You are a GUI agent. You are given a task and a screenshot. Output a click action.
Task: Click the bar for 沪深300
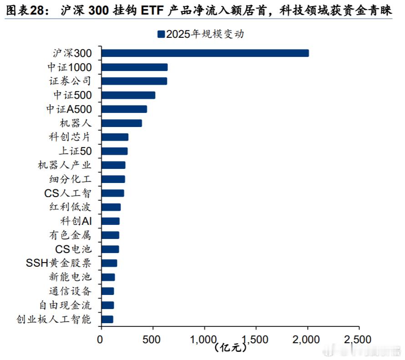coord(205,53)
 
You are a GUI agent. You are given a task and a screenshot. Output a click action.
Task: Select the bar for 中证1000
coord(134,67)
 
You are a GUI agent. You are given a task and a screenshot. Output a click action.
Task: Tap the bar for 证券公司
coord(134,81)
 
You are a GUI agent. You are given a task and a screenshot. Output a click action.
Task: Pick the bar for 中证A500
coord(124,109)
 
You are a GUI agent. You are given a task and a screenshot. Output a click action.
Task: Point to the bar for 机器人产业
coord(113,165)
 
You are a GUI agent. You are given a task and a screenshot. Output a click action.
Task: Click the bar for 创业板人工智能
coord(107,319)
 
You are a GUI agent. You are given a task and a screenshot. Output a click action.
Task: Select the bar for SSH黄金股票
coord(109,263)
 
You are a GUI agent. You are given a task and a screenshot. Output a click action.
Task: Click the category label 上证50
coord(75,151)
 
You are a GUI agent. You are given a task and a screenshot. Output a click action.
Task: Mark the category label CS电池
coord(73,249)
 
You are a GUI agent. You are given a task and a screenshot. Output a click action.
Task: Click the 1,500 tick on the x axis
coord(256,340)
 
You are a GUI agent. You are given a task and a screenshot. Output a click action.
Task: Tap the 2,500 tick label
coord(359,340)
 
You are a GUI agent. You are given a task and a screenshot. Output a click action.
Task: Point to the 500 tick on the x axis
coord(153,340)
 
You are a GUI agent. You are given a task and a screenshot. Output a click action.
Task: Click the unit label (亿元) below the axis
coord(230,348)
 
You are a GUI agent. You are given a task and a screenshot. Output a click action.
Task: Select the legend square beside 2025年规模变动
coord(161,34)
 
